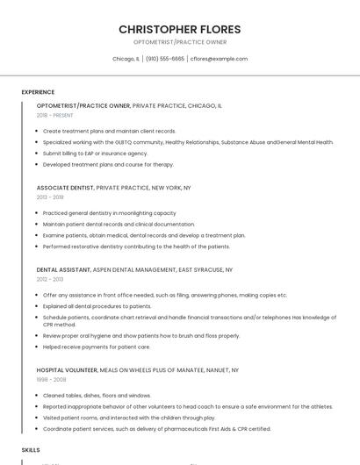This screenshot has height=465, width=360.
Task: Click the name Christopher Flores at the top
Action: (x=179, y=29)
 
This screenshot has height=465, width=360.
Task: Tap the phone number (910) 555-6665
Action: (x=165, y=59)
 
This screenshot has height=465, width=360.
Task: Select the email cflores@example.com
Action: (x=220, y=59)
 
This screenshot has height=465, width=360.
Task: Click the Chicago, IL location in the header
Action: (x=126, y=59)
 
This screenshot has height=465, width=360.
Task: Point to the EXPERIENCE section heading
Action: (x=38, y=92)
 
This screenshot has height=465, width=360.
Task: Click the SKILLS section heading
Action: (x=31, y=449)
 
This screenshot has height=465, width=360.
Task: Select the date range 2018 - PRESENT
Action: (x=55, y=115)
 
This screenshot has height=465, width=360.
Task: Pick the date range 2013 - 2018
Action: (x=50, y=197)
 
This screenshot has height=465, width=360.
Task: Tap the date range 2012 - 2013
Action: (x=50, y=279)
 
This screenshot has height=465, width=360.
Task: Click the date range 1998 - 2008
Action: (x=50, y=380)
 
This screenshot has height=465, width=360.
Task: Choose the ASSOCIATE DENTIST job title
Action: (x=65, y=188)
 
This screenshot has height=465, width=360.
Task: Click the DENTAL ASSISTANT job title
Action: (x=62, y=269)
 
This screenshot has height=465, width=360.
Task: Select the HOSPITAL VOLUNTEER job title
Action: (x=67, y=370)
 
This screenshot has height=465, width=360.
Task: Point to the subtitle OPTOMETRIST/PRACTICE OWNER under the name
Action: (x=179, y=42)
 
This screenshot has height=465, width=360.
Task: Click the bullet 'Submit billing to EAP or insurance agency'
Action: (x=95, y=153)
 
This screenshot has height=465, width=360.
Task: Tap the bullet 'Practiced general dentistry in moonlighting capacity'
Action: (x=109, y=213)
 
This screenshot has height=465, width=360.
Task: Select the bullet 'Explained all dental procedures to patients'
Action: (x=97, y=306)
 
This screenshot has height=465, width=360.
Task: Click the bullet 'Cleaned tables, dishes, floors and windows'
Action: (x=97, y=396)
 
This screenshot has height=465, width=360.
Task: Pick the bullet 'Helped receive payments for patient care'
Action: (x=97, y=347)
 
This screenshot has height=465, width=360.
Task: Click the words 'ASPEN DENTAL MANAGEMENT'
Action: (x=128, y=269)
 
